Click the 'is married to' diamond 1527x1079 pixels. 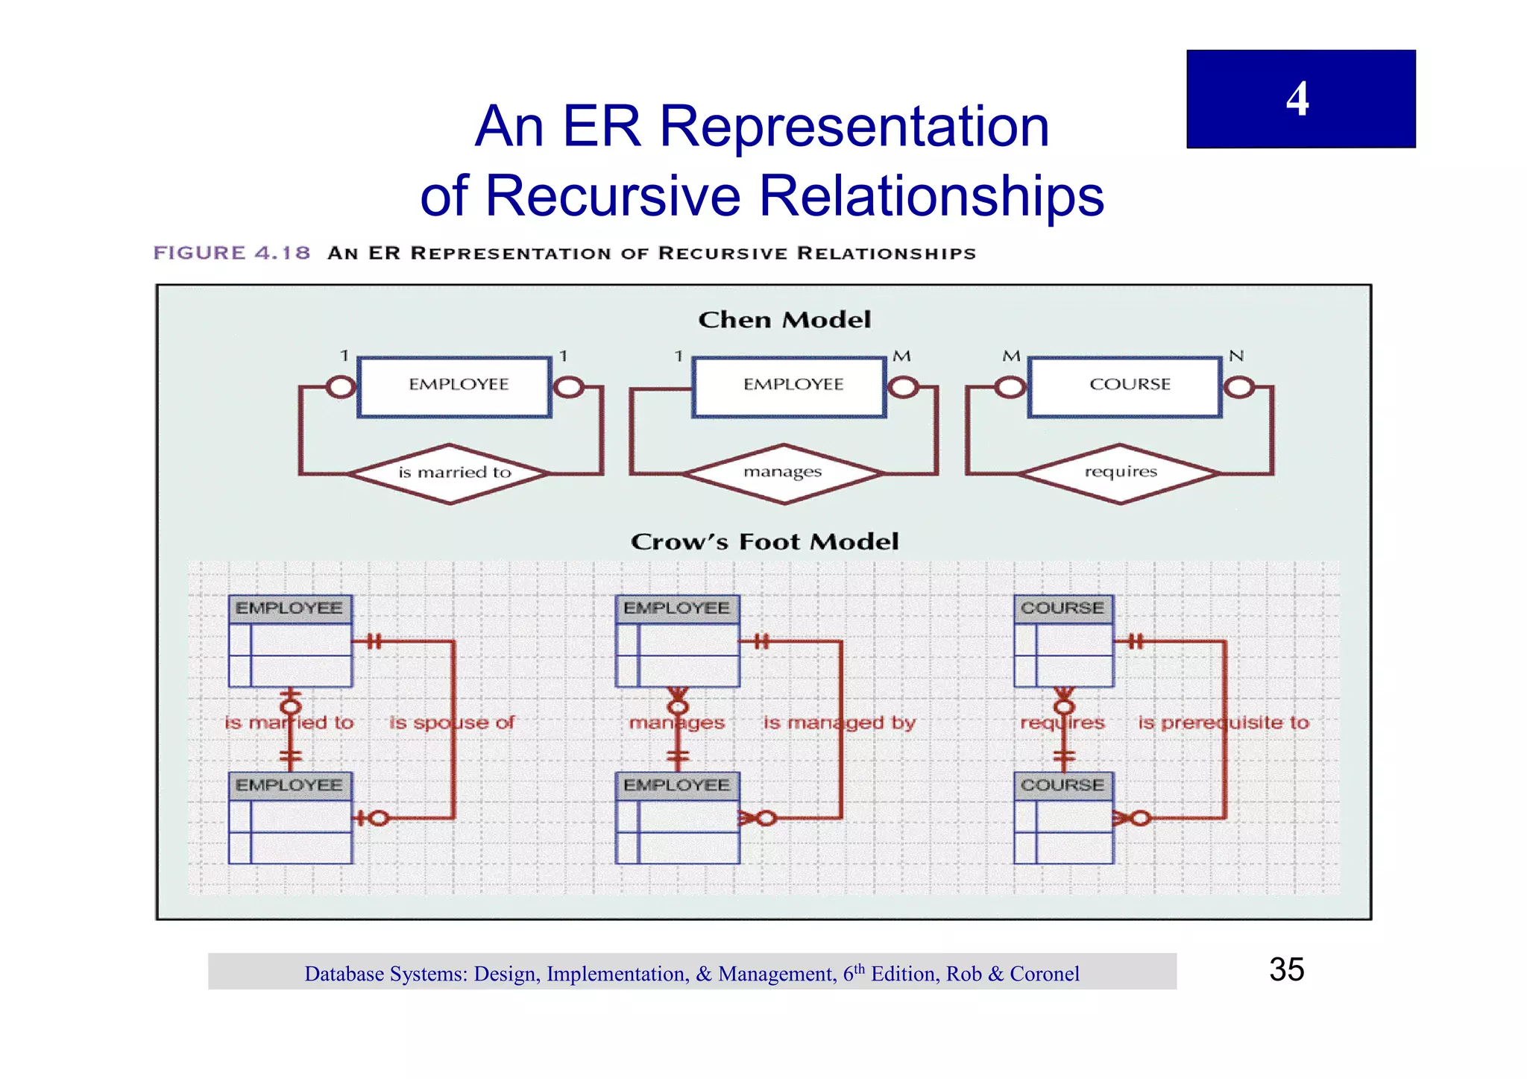[450, 474]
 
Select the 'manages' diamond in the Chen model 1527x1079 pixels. [783, 473]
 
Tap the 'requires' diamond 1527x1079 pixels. [1120, 473]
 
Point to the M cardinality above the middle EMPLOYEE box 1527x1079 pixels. [902, 356]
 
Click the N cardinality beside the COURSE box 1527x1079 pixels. [1237, 356]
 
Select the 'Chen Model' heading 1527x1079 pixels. [784, 320]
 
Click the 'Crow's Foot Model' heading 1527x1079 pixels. [764, 541]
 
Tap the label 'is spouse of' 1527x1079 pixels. [452, 723]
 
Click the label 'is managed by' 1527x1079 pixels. [839, 723]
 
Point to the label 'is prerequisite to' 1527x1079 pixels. [1223, 723]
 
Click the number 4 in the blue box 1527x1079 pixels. [1297, 99]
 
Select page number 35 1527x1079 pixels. [1286, 970]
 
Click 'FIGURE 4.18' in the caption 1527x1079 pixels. [232, 253]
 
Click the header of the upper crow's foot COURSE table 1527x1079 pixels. [1063, 608]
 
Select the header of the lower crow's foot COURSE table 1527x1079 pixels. [1063, 785]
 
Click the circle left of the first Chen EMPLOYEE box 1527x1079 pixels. [341, 387]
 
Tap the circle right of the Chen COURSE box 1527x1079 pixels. [1239, 387]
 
